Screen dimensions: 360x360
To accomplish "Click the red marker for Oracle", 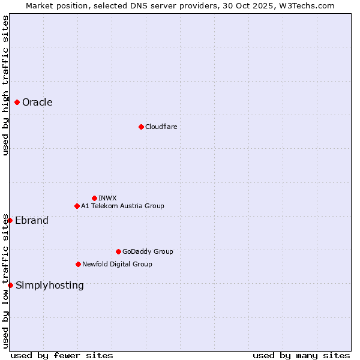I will coord(17,103).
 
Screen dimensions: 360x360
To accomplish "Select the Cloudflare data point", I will coord(141,127).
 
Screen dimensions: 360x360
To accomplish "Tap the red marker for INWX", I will coord(94,198).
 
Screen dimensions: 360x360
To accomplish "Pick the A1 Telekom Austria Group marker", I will coord(77,206).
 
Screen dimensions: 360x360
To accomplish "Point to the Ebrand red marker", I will coord(10,220).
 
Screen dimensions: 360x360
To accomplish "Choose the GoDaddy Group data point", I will coord(118,251).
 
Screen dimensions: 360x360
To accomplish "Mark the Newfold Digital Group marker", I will coord(78,264).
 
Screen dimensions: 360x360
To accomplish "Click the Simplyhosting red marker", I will coord(10,285).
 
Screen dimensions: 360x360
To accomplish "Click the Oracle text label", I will coord(37,103).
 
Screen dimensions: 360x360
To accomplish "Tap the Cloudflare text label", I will coord(161,127).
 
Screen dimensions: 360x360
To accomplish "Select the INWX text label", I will coord(107,198).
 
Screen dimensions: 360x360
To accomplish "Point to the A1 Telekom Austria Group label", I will coord(122,206).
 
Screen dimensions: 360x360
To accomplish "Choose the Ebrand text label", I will coord(32,220).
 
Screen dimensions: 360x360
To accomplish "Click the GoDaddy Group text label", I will coord(148,251).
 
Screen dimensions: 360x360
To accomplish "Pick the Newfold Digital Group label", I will coord(117,264).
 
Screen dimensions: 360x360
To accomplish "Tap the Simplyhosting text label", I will coord(50,285).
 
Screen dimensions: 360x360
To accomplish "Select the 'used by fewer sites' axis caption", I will coord(62,355).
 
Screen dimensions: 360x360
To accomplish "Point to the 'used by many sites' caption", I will coord(301,355).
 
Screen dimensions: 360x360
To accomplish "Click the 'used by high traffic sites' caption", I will coord(5,85).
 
